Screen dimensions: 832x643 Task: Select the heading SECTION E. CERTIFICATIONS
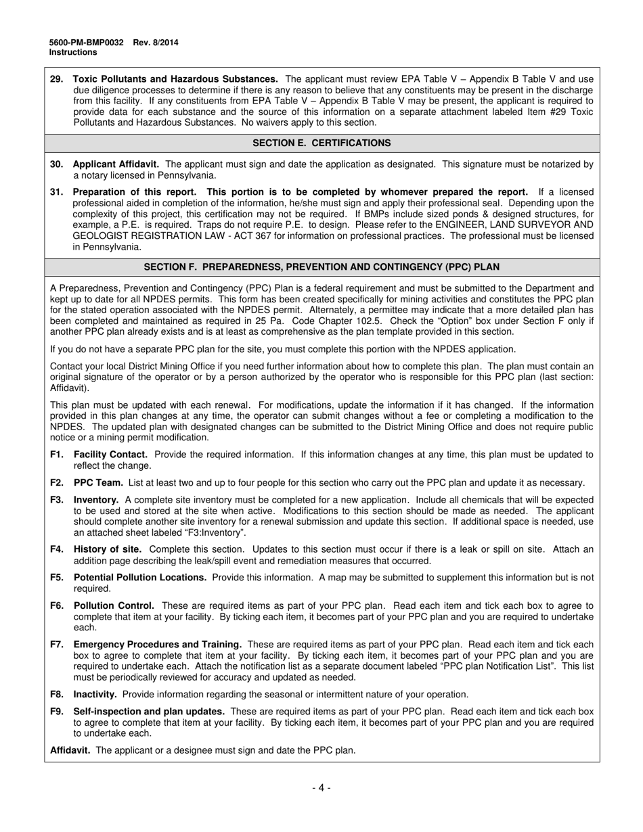(321, 143)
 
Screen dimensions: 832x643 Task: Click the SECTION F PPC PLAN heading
(321, 267)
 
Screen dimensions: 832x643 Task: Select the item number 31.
(57, 192)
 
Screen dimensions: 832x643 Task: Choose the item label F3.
(57, 500)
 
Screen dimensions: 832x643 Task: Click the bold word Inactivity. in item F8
(95, 694)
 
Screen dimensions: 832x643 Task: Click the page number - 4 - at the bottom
(321, 787)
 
